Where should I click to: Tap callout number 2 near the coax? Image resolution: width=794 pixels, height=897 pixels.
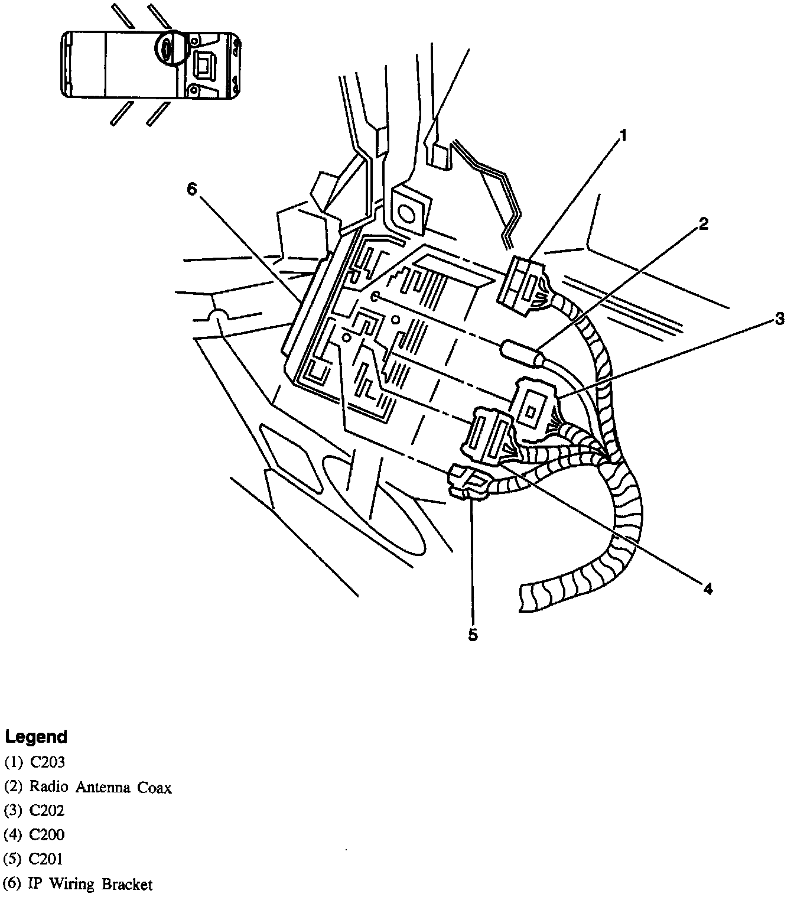click(702, 223)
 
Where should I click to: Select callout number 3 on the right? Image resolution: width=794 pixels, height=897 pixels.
click(780, 320)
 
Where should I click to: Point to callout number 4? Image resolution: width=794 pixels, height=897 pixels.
click(708, 587)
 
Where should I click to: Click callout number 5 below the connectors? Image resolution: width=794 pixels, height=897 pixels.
click(473, 635)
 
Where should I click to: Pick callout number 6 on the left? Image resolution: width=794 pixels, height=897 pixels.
click(191, 188)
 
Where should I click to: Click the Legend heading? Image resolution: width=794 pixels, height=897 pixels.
click(36, 737)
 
